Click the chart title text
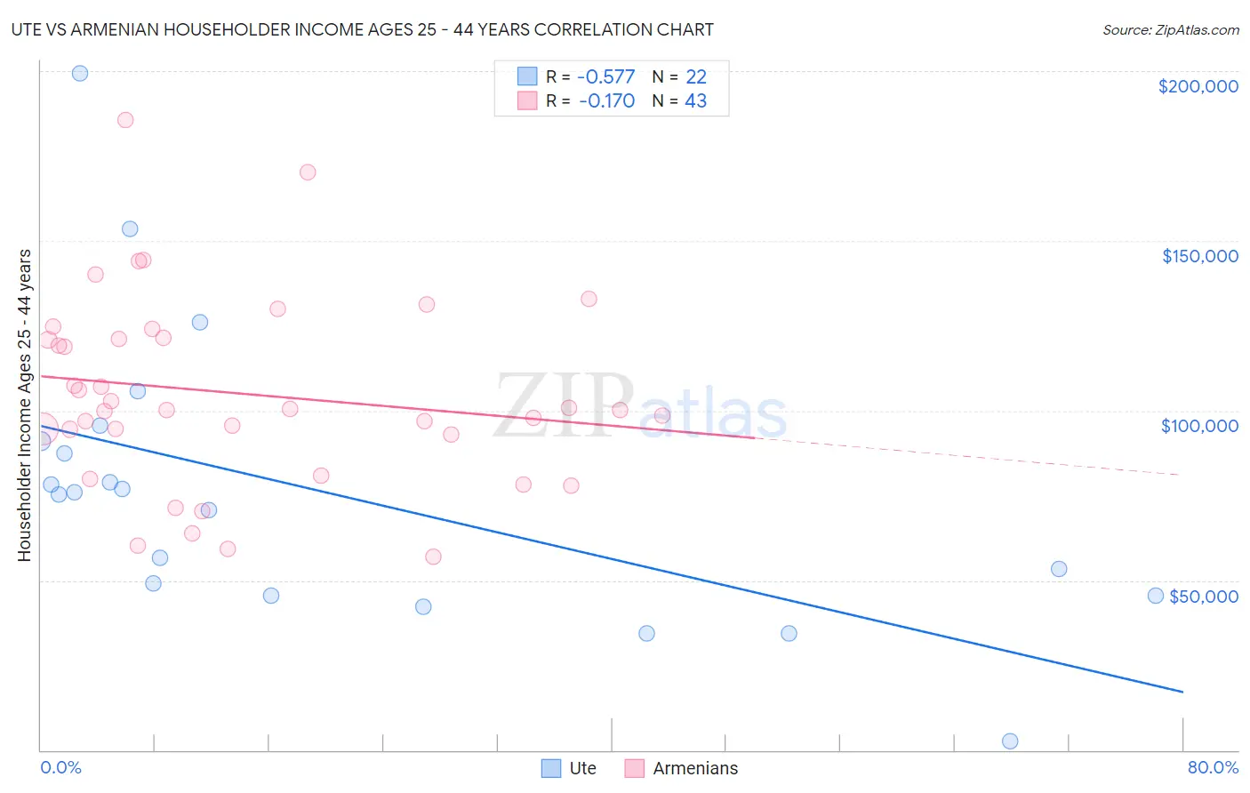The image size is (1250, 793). point(362,30)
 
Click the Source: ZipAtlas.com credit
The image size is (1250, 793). point(1170,30)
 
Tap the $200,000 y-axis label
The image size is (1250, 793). point(1198,86)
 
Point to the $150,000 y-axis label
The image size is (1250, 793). point(1199,256)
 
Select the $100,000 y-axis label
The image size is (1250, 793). point(1199,426)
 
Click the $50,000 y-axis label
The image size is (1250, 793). point(1203,597)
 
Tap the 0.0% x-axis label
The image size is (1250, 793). point(60,767)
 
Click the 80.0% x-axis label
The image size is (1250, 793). point(1213,767)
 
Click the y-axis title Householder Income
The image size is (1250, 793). point(25,405)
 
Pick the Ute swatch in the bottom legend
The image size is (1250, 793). point(551,768)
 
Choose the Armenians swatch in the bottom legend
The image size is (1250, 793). point(634,768)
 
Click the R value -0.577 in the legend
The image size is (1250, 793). point(605,77)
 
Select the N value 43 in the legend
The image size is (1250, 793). point(695,101)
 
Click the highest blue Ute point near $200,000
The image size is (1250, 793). point(80,74)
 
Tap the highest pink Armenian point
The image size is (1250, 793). point(125,120)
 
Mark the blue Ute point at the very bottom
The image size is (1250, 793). point(1010,741)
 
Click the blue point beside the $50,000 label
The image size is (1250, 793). point(1156,596)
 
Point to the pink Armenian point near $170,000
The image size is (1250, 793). point(308,172)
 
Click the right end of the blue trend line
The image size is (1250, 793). point(1182,691)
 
